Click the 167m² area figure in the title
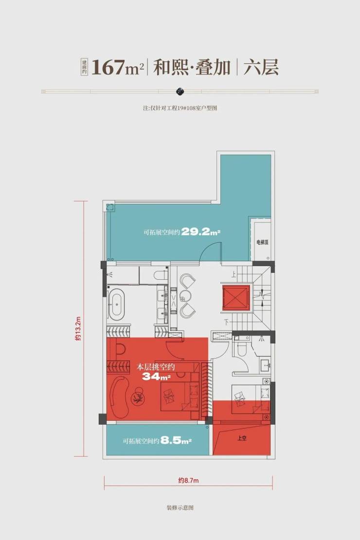(117, 67)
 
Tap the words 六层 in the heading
(261, 67)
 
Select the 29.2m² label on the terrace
(201, 232)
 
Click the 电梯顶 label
(262, 242)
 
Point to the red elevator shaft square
(236, 298)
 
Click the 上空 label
(242, 438)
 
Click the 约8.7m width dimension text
(188, 480)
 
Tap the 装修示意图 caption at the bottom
(180, 507)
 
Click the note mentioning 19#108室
(180, 108)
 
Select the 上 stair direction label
(234, 274)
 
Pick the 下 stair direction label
(226, 323)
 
